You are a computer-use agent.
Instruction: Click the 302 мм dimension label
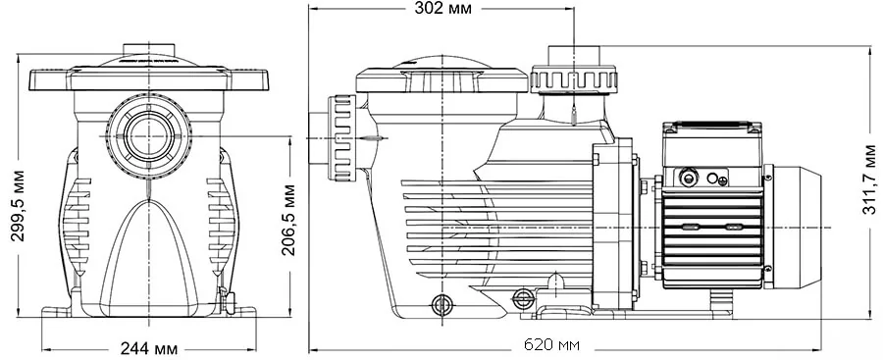(442, 9)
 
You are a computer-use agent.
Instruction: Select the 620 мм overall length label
(551, 344)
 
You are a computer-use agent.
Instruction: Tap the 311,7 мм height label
(869, 180)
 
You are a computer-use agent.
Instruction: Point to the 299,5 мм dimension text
(19, 204)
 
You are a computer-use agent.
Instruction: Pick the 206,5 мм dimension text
(288, 220)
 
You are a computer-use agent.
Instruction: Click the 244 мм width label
(149, 349)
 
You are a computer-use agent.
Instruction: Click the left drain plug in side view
(441, 305)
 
